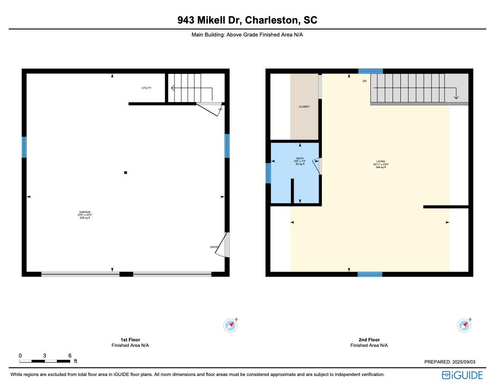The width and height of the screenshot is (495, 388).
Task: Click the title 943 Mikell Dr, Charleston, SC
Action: coord(247,20)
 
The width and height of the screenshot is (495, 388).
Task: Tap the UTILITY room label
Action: coord(146,88)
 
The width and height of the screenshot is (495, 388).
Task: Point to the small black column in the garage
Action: coord(126,173)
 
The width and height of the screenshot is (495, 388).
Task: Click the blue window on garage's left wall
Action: coord(24,147)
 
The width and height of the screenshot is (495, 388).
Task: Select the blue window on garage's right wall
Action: coord(227,145)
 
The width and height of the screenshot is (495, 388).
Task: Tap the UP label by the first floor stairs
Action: coord(220,109)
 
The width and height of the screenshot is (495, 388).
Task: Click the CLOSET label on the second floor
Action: coord(304,107)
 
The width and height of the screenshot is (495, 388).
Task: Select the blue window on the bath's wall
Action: coord(268,173)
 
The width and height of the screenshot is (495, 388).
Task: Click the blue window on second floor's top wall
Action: coord(371,71)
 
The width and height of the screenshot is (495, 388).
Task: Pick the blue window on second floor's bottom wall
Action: coord(370,274)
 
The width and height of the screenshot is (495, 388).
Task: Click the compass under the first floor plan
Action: coord(230,325)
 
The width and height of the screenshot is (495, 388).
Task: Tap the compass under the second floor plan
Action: coord(464,325)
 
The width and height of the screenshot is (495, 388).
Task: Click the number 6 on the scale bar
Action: coord(70,356)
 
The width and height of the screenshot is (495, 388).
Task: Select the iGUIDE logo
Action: coord(462,375)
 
